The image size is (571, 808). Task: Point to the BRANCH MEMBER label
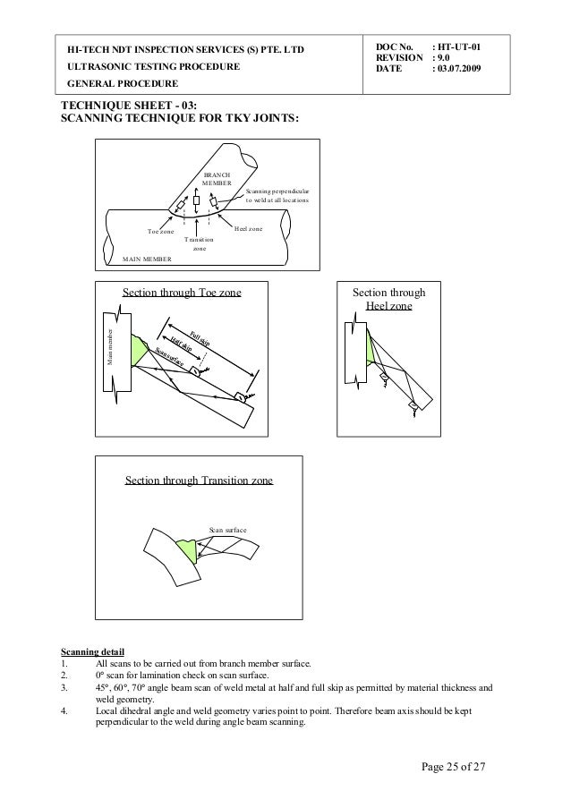pyautogui.click(x=216, y=179)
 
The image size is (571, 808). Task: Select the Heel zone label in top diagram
pyautogui.click(x=248, y=229)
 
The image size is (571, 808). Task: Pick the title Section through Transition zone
pyautogui.click(x=199, y=481)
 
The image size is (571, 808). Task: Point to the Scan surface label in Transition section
pyautogui.click(x=227, y=531)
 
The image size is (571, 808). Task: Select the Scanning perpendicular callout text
pyautogui.click(x=277, y=196)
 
